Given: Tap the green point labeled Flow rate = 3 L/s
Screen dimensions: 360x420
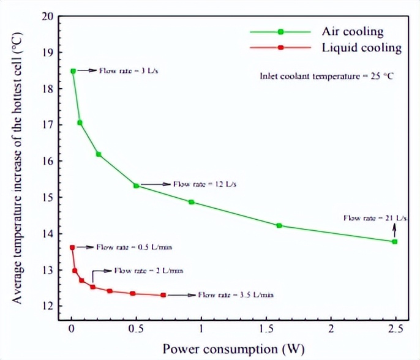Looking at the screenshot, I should (73, 71).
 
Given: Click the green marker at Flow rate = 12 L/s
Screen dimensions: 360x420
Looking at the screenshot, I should (137, 185).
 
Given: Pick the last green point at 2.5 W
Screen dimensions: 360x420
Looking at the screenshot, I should (394, 242).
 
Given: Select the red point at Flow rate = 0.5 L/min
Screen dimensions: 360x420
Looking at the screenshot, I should (72, 247).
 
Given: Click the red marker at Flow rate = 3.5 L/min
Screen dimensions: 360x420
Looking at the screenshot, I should (163, 295).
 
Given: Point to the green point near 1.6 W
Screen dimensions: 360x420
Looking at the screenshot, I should (279, 225).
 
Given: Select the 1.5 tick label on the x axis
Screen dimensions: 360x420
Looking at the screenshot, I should (265, 331).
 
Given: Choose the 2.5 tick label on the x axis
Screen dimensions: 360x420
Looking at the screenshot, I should (395, 331).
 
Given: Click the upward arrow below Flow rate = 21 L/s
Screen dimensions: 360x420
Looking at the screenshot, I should (394, 230).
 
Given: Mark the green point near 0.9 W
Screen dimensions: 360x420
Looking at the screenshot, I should (192, 202).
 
